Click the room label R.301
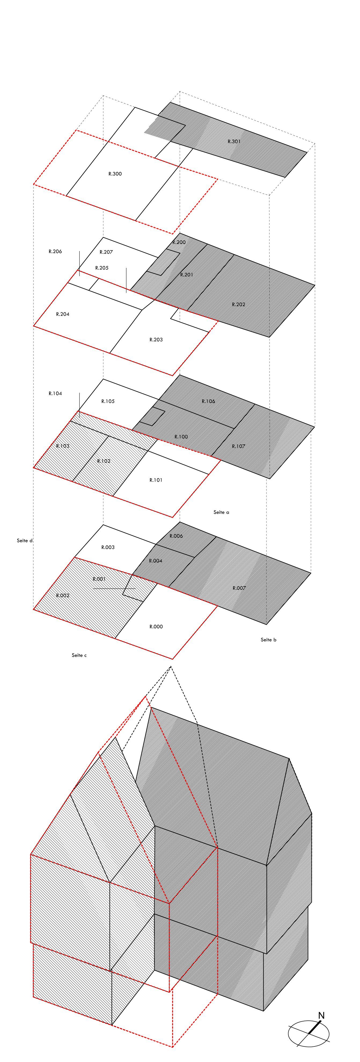[x=234, y=141]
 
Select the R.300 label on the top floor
[x=115, y=174]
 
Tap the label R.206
[x=55, y=252]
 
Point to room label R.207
[x=106, y=252]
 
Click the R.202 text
[x=238, y=305]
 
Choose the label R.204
[x=63, y=314]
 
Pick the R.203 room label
[x=156, y=340]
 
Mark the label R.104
[x=55, y=394]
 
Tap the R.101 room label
[x=156, y=480]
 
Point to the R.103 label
[x=63, y=446]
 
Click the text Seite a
[x=221, y=512]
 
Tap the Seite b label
[x=269, y=640]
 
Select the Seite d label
[x=25, y=540]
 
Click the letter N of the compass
[x=321, y=1015]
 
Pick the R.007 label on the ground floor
[x=239, y=588]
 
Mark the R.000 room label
[x=156, y=627]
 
